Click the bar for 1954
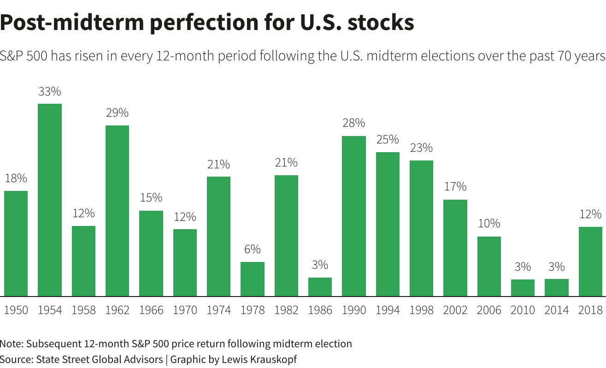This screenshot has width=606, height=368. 50,200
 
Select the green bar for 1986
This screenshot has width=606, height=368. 320,286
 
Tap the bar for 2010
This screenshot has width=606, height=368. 523,287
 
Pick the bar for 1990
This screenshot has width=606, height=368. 354,216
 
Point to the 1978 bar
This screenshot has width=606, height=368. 253,279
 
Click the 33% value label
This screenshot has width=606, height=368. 50,92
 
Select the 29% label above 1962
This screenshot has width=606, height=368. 117,113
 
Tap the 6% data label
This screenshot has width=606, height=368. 253,249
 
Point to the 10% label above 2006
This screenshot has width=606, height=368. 489,224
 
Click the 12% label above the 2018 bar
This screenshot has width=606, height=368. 590,214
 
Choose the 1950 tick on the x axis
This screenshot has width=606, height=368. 16,310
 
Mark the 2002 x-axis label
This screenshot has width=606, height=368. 455,310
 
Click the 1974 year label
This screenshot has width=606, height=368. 218,310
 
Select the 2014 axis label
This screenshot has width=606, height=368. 556,310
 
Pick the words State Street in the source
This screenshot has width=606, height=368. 58,359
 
